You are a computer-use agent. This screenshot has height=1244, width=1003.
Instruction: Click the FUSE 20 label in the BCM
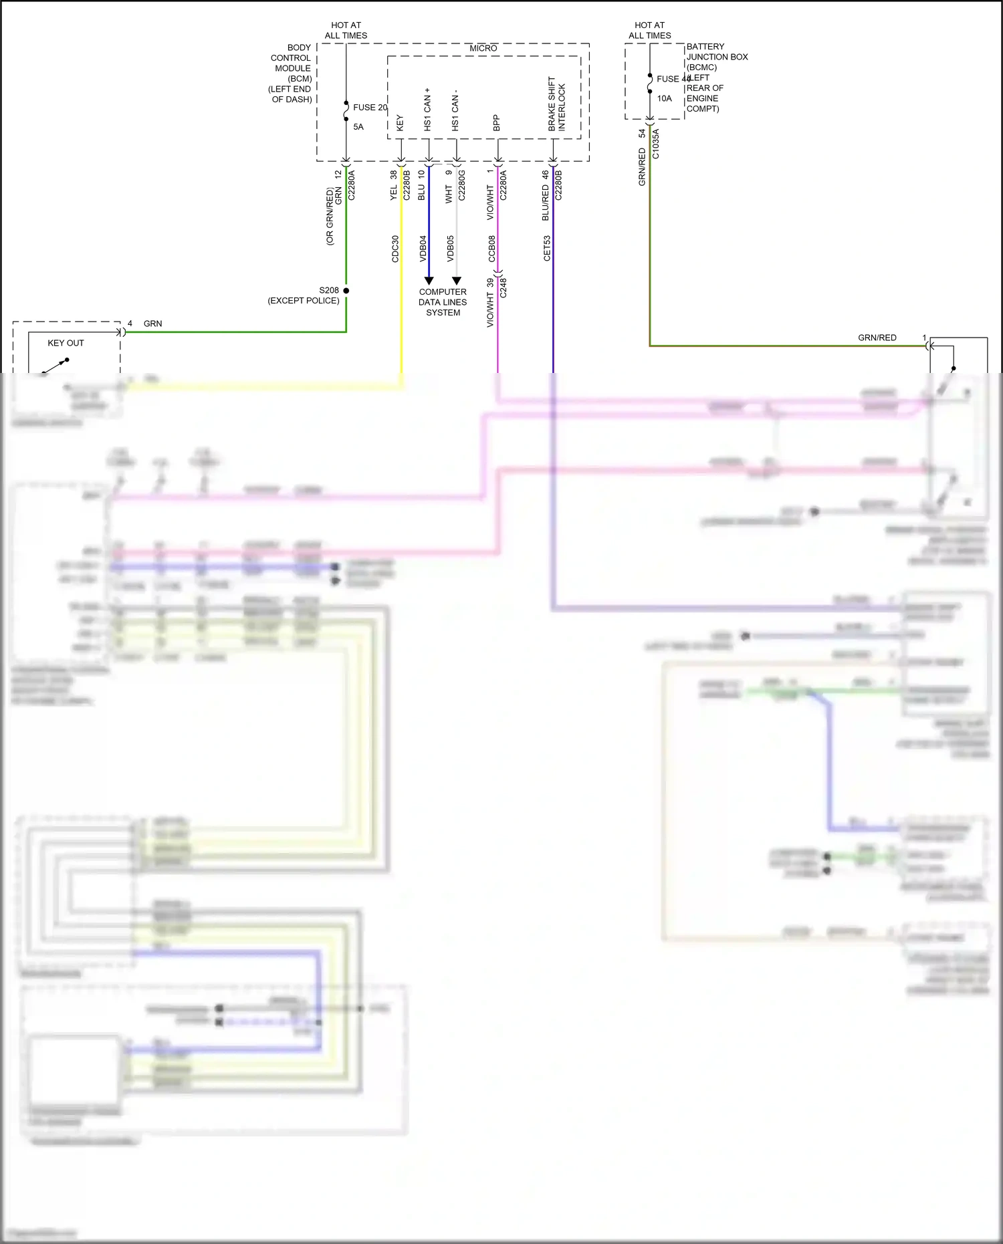(x=370, y=107)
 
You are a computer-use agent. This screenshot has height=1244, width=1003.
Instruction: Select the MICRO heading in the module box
(x=483, y=48)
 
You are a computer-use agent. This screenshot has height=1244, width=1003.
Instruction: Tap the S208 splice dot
(x=346, y=291)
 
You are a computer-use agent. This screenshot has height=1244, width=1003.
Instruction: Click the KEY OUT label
(x=66, y=343)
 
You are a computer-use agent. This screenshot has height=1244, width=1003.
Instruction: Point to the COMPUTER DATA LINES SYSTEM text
(x=443, y=302)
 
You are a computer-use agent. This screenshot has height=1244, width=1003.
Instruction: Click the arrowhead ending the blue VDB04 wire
(x=429, y=281)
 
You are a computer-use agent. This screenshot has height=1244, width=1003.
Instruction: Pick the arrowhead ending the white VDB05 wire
(x=457, y=281)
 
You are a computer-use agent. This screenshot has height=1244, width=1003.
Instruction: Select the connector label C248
(x=504, y=288)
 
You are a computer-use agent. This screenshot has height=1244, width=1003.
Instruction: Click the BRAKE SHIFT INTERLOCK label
(x=556, y=104)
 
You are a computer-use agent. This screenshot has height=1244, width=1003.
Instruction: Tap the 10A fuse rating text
(x=664, y=98)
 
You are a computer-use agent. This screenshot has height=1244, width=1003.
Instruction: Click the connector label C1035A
(x=655, y=144)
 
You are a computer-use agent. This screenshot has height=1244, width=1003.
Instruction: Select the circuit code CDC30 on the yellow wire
(x=395, y=248)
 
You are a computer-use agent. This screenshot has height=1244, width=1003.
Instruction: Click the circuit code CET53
(x=547, y=248)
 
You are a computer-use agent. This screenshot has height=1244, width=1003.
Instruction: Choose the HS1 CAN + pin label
(x=427, y=109)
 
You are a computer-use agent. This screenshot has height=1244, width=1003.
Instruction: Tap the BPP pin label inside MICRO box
(x=496, y=122)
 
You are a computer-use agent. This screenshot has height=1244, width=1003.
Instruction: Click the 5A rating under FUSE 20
(x=358, y=127)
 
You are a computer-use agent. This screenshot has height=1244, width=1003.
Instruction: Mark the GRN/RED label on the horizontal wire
(x=877, y=338)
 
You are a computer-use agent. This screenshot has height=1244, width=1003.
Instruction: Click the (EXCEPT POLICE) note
(x=304, y=301)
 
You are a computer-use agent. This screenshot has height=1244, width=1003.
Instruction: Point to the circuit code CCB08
(x=491, y=248)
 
